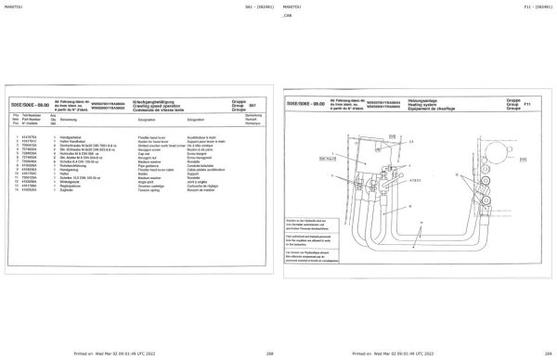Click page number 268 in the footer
243,354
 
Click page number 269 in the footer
524,354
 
